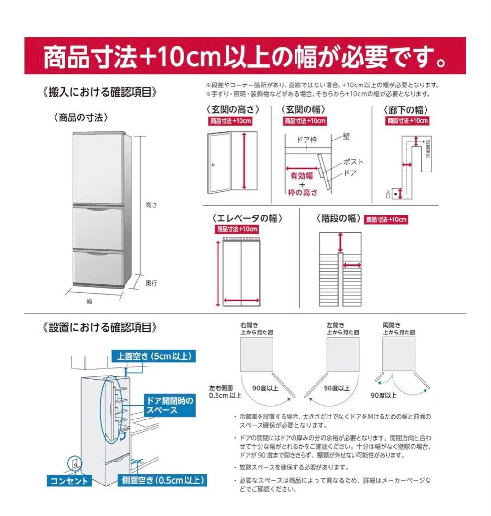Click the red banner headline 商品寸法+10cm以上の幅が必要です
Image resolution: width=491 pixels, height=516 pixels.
245,56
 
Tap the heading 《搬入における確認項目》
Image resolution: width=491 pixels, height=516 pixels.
100,92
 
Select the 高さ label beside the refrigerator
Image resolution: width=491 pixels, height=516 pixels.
151,205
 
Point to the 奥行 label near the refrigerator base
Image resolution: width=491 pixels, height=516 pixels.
151,283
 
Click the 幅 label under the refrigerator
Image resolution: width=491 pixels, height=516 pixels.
89,301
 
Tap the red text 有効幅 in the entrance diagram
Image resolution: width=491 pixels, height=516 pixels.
302,176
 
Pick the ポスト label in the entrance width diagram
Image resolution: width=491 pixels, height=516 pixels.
354,161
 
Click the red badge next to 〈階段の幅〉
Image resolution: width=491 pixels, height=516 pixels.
386,220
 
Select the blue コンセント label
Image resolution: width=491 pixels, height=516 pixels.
70,481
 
